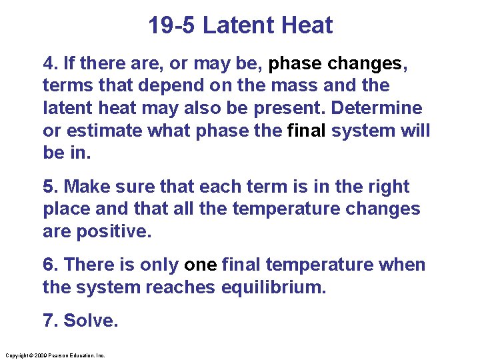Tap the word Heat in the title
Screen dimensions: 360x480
[307, 25]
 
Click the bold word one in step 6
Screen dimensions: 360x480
[200, 265]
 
